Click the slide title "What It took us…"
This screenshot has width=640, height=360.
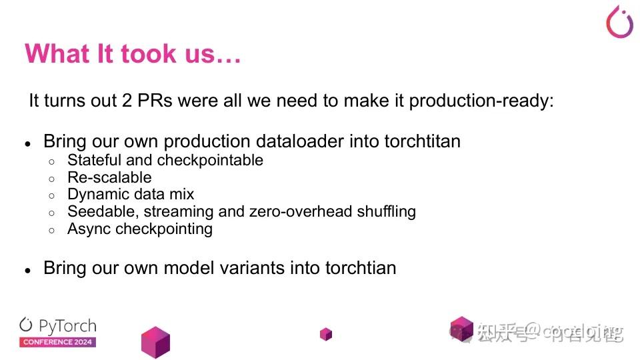tap(132, 53)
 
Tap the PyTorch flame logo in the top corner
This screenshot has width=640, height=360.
tap(619, 21)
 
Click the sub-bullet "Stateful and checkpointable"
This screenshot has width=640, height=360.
tap(165, 160)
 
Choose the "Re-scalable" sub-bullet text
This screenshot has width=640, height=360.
tap(109, 177)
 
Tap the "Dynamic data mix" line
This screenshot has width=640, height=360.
tap(131, 195)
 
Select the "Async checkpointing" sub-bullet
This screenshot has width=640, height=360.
tap(140, 229)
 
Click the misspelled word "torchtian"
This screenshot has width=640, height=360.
tap(361, 268)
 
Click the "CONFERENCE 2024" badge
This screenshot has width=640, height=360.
tap(57, 342)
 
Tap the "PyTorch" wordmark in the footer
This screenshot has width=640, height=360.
tap(67, 326)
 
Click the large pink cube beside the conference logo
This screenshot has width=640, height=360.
tap(155, 341)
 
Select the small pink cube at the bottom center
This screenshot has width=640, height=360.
tap(325, 333)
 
